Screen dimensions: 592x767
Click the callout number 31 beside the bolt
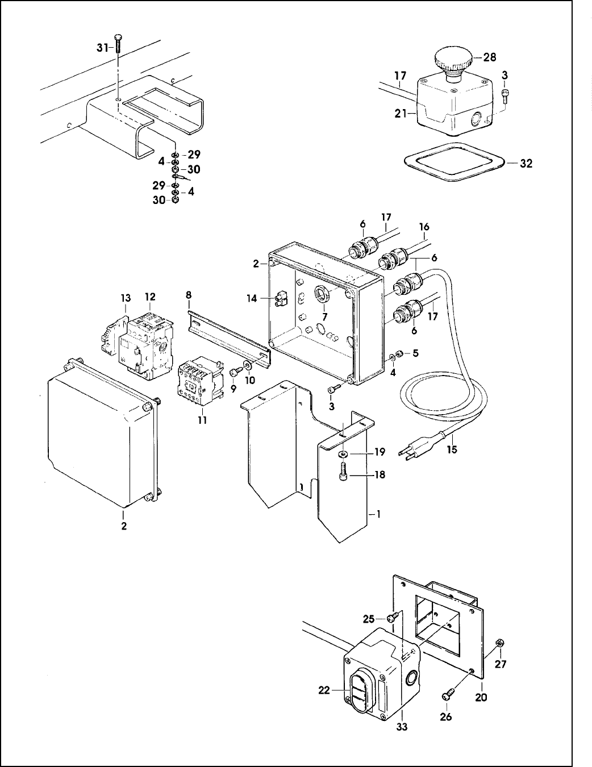click(102, 48)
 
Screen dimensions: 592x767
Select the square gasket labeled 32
click(455, 162)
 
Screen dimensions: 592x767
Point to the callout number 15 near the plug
click(452, 449)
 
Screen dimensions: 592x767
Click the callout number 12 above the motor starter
click(150, 297)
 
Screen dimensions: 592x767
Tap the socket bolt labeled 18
click(343, 472)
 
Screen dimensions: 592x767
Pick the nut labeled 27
click(499, 643)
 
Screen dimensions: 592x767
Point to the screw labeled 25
click(393, 617)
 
